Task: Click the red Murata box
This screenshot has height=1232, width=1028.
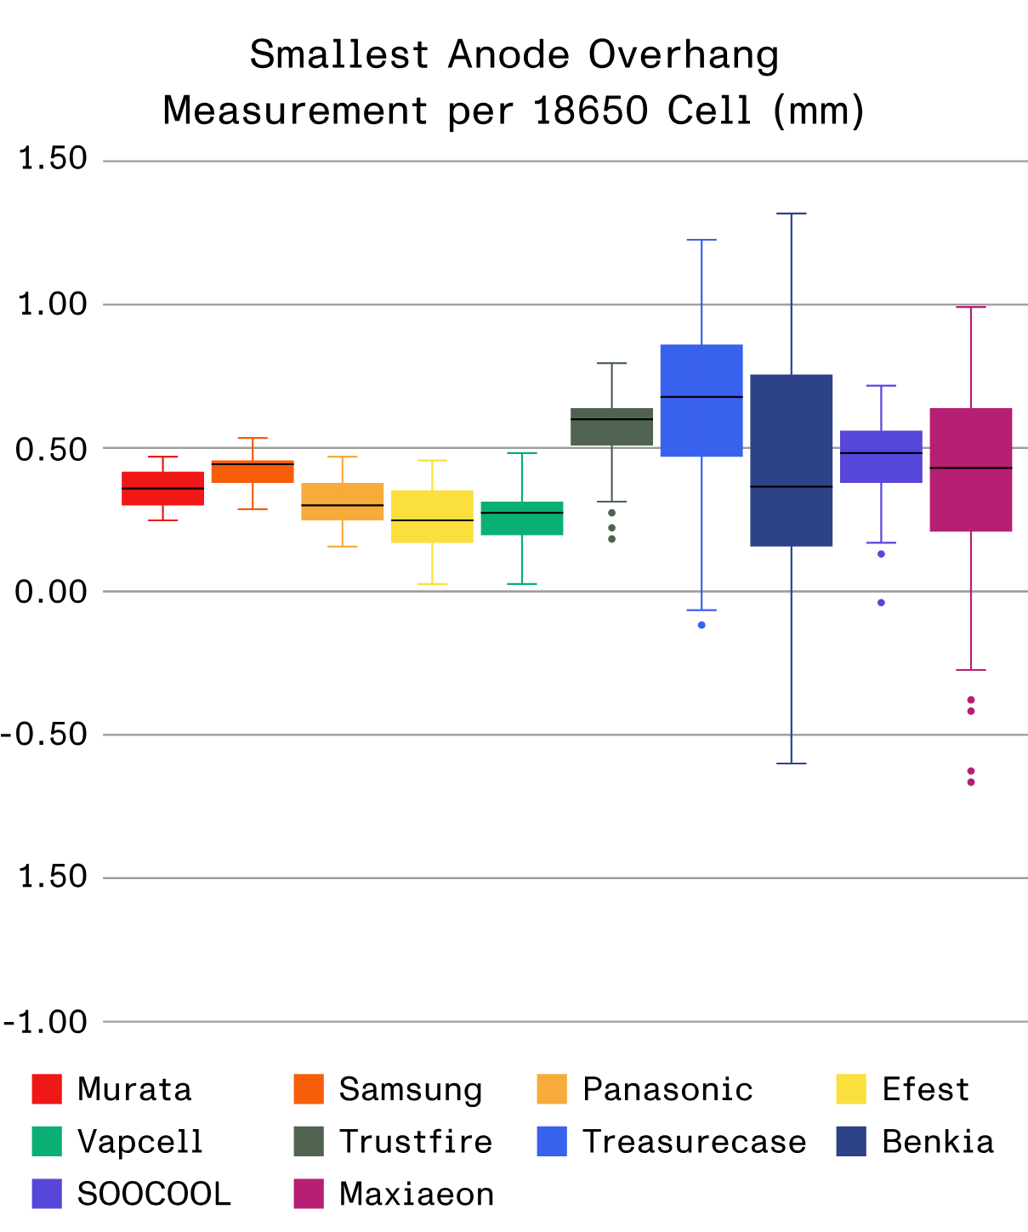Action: [x=162, y=488]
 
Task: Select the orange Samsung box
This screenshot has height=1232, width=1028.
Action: [x=253, y=472]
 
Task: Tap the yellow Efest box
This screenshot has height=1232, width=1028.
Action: [x=432, y=516]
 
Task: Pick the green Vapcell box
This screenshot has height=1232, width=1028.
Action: [x=522, y=518]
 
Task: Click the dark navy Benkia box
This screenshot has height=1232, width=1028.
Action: [x=791, y=460]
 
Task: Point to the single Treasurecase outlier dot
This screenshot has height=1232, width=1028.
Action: [x=701, y=625]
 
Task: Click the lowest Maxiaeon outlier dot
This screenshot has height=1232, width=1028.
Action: [x=971, y=782]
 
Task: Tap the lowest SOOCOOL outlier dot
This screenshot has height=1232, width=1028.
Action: [x=881, y=603]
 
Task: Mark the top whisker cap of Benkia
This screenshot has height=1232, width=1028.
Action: [x=791, y=214]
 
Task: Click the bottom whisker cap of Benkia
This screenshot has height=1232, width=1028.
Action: [x=791, y=764]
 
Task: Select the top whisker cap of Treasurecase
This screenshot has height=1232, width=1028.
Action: [x=701, y=241]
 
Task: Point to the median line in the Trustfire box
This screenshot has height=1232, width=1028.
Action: [x=611, y=419]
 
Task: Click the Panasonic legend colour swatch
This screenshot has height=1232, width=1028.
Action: [x=552, y=1089]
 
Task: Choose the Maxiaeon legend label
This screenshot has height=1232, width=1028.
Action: [x=416, y=1195]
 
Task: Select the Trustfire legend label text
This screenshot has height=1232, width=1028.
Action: [x=415, y=1142]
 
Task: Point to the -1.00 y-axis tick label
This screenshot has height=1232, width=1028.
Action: [x=47, y=1022]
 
